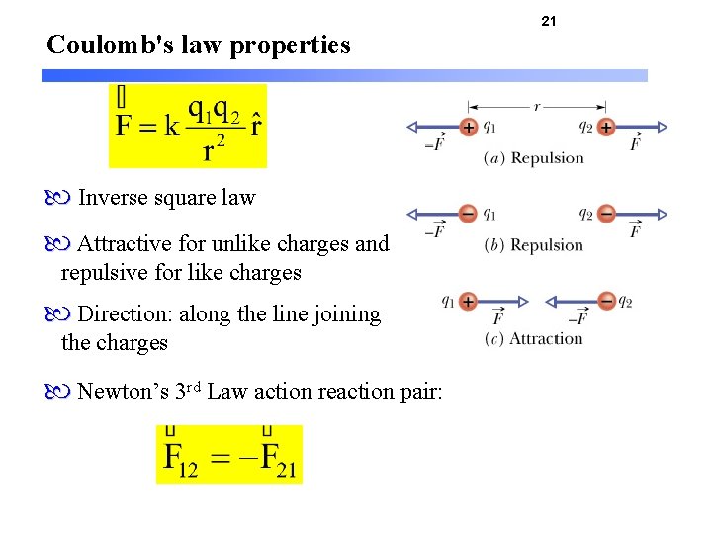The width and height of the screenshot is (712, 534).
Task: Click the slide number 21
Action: [x=549, y=21]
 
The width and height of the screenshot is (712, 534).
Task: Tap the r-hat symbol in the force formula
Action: [x=256, y=125]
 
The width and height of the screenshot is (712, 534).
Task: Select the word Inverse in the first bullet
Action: [x=110, y=198]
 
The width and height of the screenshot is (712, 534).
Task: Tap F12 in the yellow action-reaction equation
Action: [x=182, y=459]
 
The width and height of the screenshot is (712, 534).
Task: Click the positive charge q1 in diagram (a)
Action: [x=468, y=128]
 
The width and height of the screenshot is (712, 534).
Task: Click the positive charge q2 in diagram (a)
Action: [x=605, y=128]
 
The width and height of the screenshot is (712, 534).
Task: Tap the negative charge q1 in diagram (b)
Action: [x=468, y=214]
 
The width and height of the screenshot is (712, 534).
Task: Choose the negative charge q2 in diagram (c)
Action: [x=605, y=301]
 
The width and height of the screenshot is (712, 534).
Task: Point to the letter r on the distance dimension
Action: [x=537, y=106]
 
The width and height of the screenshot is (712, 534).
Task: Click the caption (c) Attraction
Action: [x=533, y=339]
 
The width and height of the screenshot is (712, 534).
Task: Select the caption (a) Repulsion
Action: [x=534, y=158]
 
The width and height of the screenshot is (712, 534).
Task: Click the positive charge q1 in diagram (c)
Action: [x=468, y=301]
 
